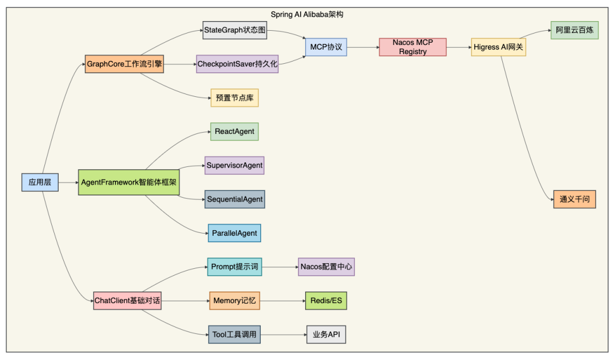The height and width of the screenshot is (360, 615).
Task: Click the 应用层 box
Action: tap(40, 182)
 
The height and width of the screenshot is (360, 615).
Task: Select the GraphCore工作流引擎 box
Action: tap(125, 64)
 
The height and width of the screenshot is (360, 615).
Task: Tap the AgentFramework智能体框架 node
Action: tap(129, 182)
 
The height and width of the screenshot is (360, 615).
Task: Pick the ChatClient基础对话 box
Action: tap(128, 300)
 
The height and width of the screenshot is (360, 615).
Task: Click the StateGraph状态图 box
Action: tap(235, 30)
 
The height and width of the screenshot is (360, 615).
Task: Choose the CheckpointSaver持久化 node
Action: tap(237, 64)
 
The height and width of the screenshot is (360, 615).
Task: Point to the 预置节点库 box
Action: tap(235, 98)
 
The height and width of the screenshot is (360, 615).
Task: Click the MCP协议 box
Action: tap(326, 47)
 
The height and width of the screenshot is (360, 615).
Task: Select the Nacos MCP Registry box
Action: tap(413, 47)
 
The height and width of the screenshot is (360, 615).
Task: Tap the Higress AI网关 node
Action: tap(498, 47)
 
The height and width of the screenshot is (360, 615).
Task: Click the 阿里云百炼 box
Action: tap(575, 30)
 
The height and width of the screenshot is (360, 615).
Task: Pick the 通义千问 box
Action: tap(575, 199)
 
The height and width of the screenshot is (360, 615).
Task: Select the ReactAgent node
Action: tap(235, 132)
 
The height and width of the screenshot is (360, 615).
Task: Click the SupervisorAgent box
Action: tap(235, 165)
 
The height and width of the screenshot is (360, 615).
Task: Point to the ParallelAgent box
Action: tap(235, 233)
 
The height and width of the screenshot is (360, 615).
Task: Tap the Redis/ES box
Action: tap(326, 300)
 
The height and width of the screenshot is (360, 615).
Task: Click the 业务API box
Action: tap(326, 334)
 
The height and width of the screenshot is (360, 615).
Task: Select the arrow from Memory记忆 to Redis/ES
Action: tap(282, 300)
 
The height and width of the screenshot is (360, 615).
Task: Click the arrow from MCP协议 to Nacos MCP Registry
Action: tap(363, 47)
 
